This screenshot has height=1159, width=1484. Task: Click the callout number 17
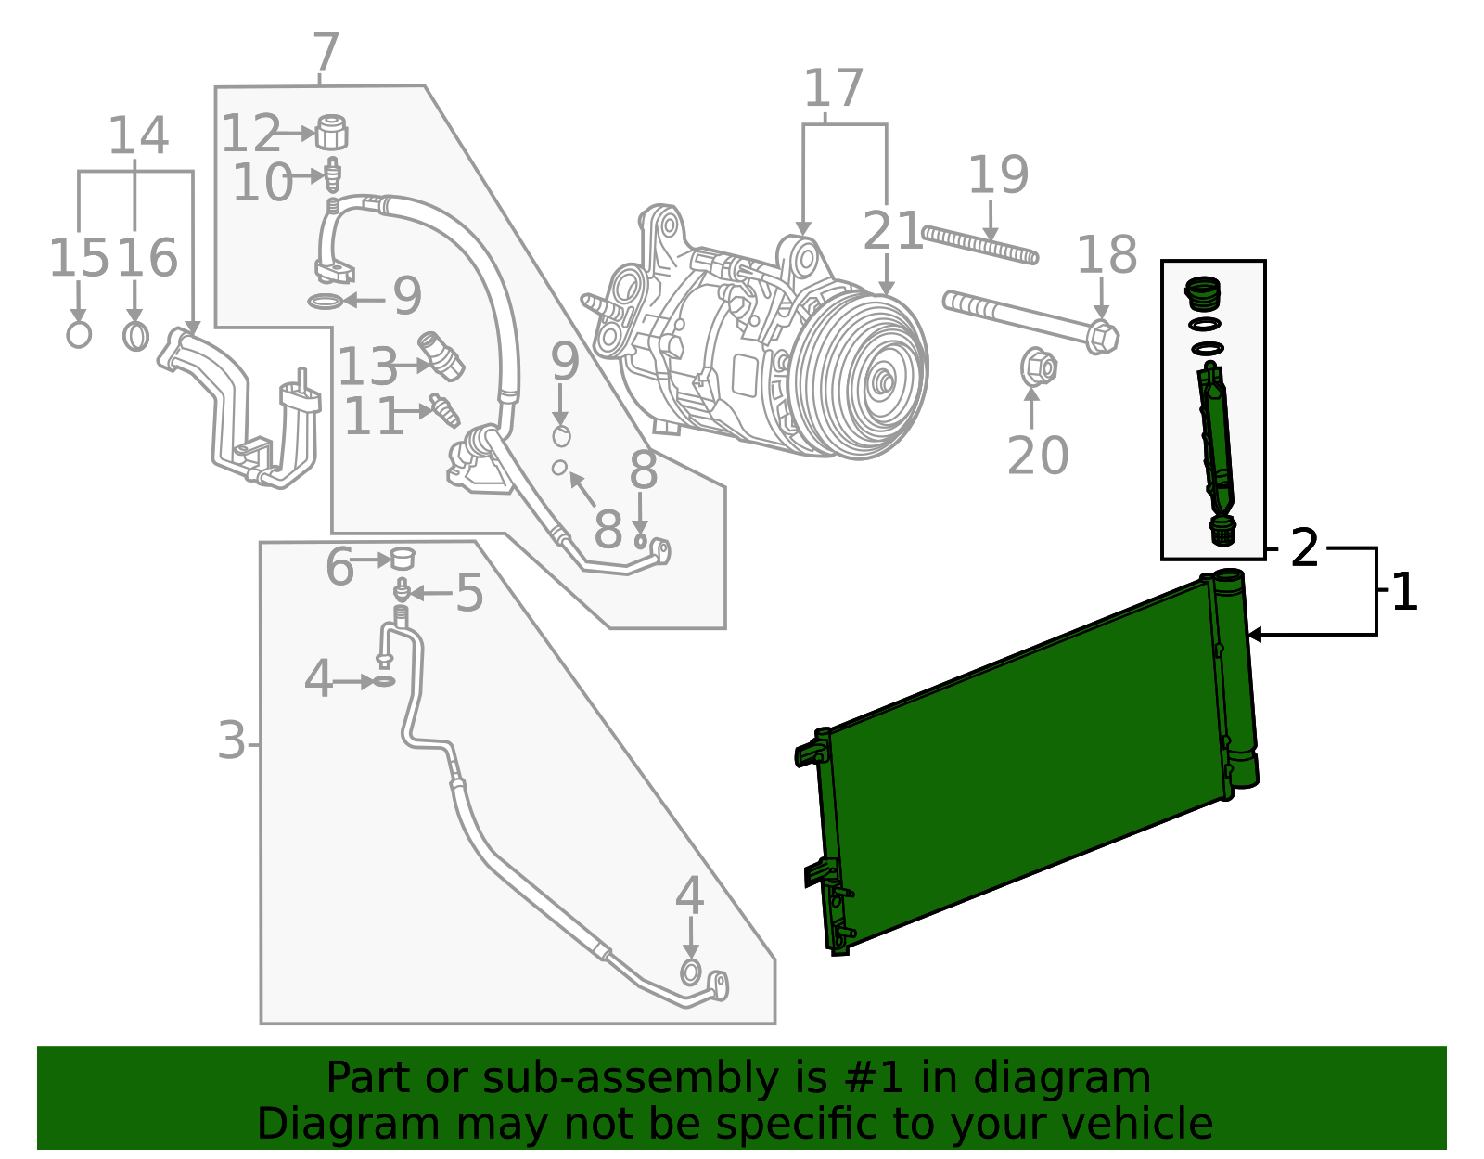(x=833, y=89)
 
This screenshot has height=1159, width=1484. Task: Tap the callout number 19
(x=998, y=175)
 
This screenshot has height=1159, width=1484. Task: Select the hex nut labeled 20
(x=1038, y=367)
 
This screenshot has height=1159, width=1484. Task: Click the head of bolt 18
(x=1101, y=336)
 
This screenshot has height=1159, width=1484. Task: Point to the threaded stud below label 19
(x=979, y=245)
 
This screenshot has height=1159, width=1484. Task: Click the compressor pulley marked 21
(x=864, y=375)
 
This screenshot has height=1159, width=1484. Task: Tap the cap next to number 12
(x=331, y=132)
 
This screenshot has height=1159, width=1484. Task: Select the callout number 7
(x=326, y=53)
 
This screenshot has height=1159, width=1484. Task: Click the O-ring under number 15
(x=79, y=334)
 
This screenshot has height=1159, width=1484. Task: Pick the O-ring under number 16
(x=135, y=335)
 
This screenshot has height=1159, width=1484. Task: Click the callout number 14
(x=138, y=136)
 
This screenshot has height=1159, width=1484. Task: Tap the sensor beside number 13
(x=441, y=356)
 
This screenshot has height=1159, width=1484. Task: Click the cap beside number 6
(x=402, y=559)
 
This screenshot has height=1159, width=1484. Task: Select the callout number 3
(x=231, y=741)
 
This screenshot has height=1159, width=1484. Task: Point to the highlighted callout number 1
(x=1404, y=592)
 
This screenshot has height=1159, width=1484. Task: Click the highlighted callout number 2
(x=1304, y=548)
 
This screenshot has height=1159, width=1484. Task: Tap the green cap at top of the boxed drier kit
(x=1203, y=294)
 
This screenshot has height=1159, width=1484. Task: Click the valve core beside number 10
(x=332, y=174)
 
